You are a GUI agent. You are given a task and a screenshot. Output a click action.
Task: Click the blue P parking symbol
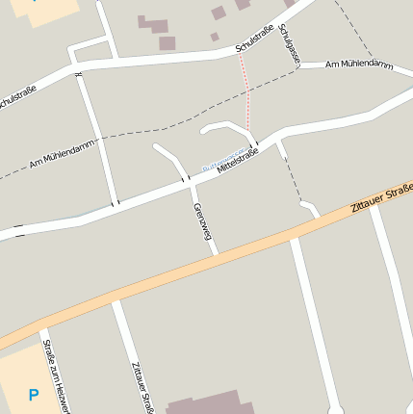point(34,395)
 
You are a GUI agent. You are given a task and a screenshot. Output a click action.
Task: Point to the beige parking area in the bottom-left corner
point(19,380)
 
